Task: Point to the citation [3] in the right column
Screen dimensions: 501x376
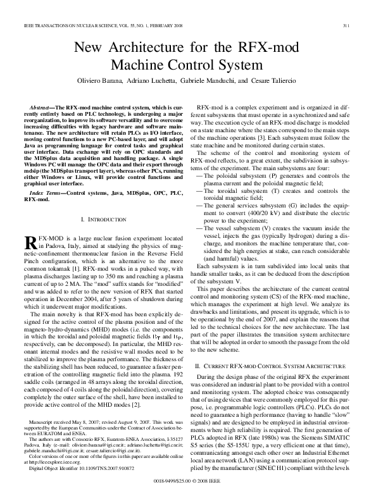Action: (279, 137)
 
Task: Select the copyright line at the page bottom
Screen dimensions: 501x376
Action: (188, 481)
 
